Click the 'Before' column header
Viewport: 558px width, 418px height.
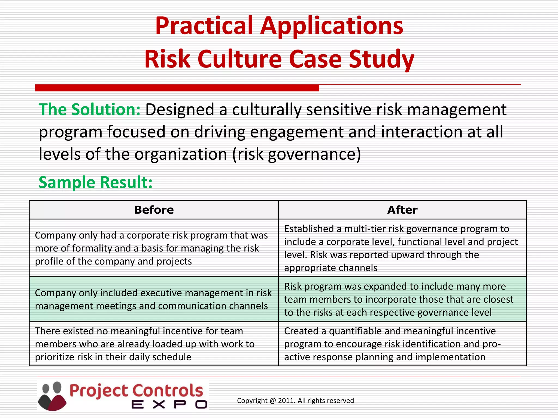[x=154, y=210]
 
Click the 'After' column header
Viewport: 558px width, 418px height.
[x=402, y=210]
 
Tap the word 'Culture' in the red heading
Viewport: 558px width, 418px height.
[x=239, y=59]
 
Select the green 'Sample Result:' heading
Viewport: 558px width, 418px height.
[x=95, y=182]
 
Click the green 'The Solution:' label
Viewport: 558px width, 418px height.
[x=90, y=110]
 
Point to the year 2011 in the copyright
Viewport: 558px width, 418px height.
[x=286, y=401]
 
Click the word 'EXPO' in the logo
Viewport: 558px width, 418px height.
[x=169, y=404]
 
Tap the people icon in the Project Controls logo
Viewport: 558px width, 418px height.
[x=52, y=396]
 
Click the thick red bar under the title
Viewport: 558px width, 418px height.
[x=177, y=88]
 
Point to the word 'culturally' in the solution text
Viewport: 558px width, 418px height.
[x=266, y=110]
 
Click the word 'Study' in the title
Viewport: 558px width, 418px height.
[x=381, y=59]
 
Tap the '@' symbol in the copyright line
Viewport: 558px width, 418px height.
[x=273, y=401]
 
